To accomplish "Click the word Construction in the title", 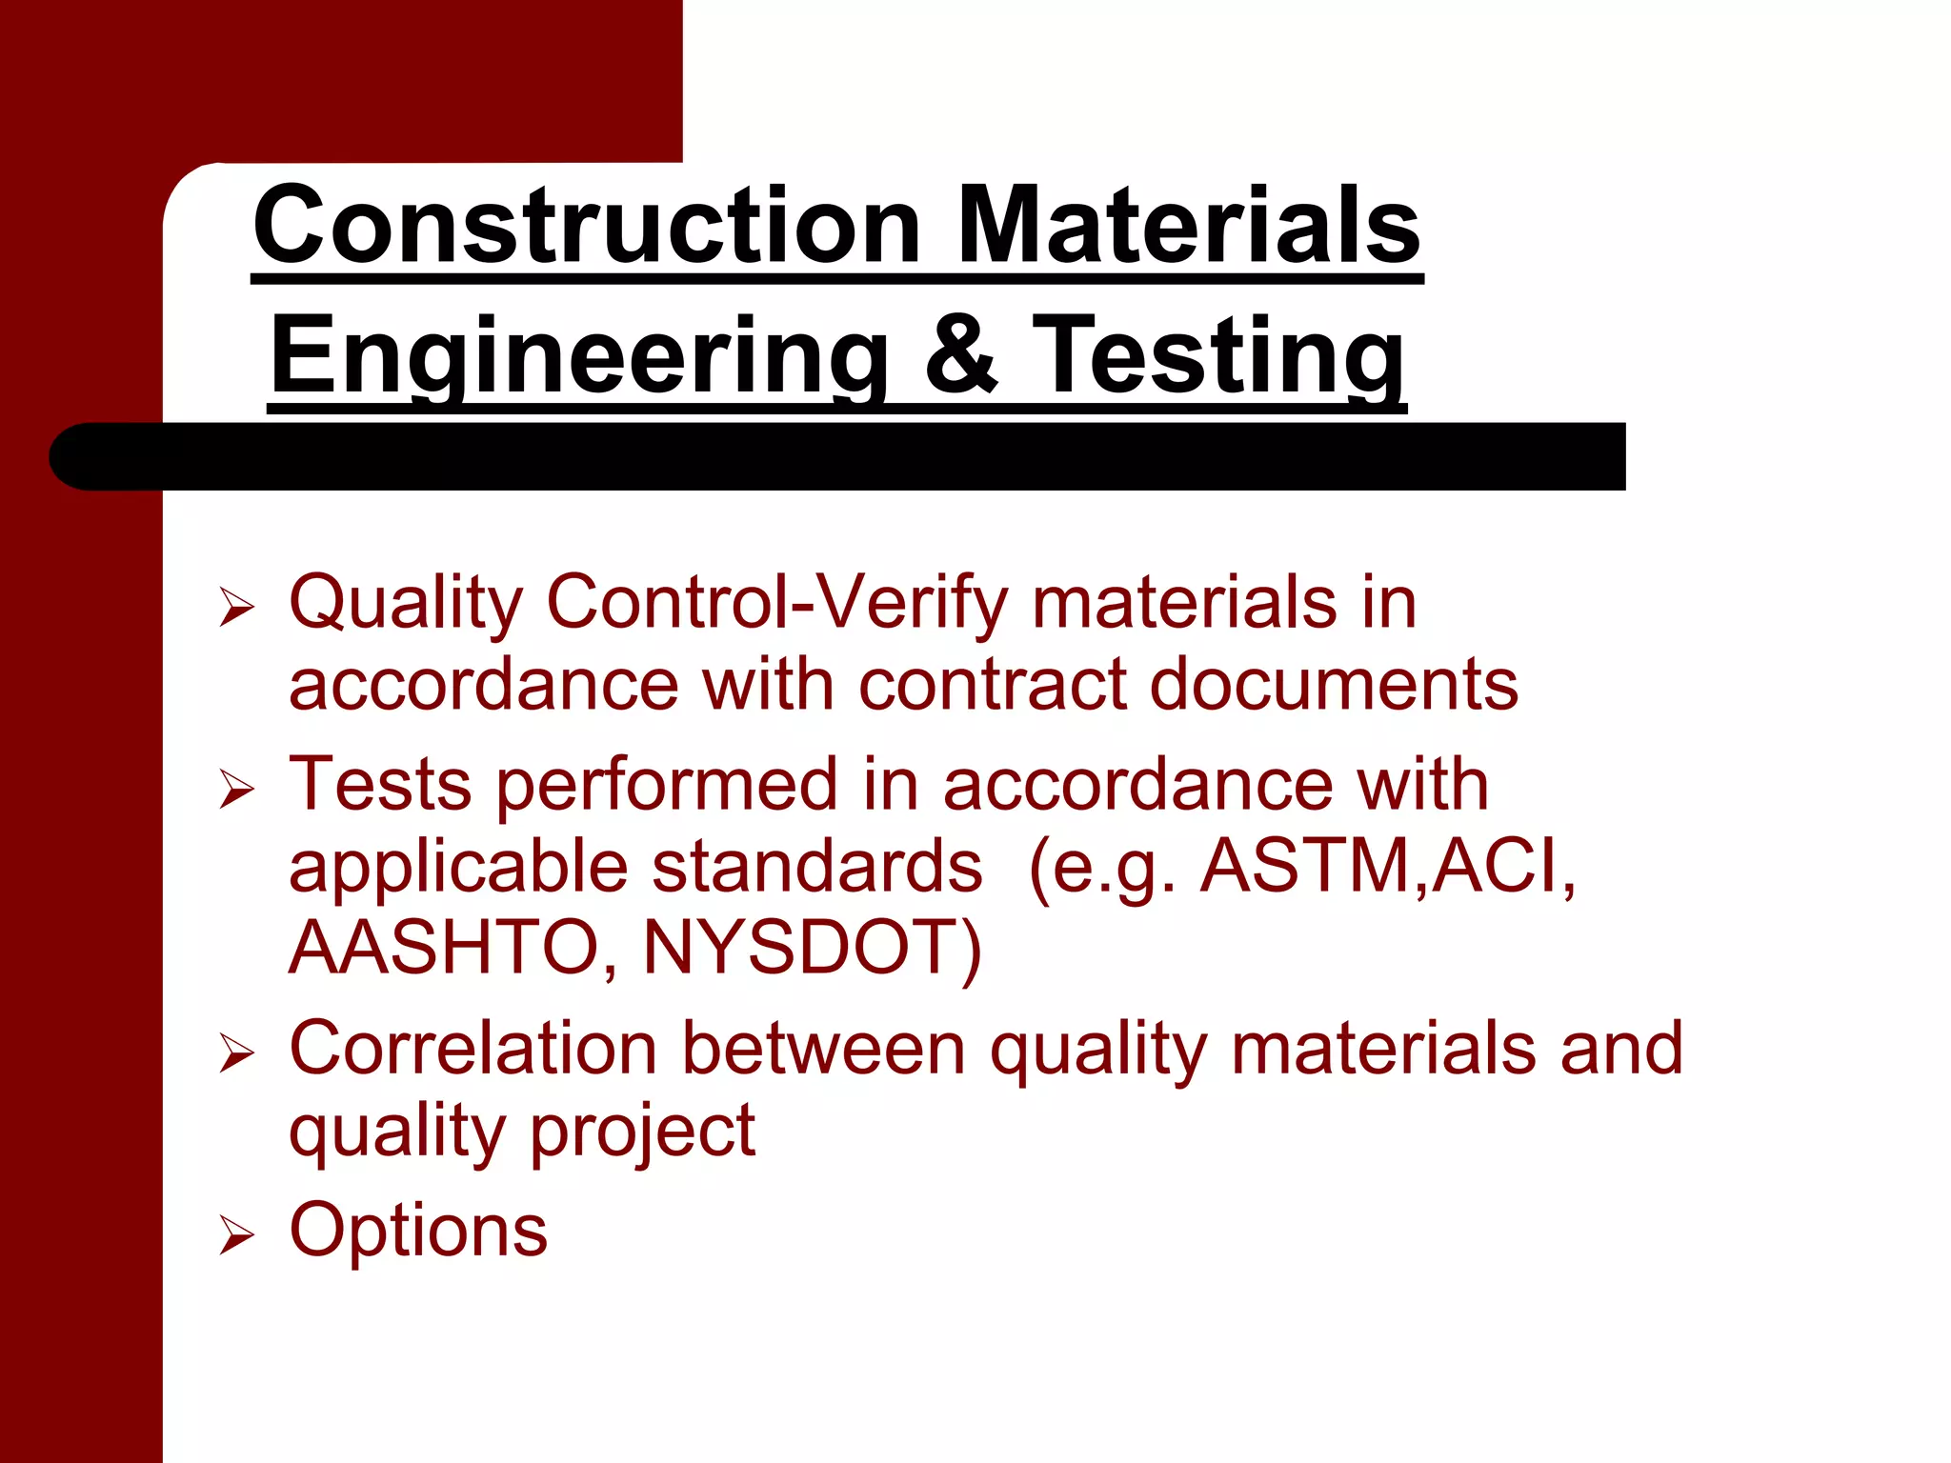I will click(x=587, y=227).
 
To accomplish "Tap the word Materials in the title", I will click(x=1188, y=227).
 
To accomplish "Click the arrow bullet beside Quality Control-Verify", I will click(x=236, y=607).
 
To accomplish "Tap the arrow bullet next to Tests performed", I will click(x=236, y=790).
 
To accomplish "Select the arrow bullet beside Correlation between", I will click(x=236, y=1053).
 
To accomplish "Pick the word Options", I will click(x=418, y=1231).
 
